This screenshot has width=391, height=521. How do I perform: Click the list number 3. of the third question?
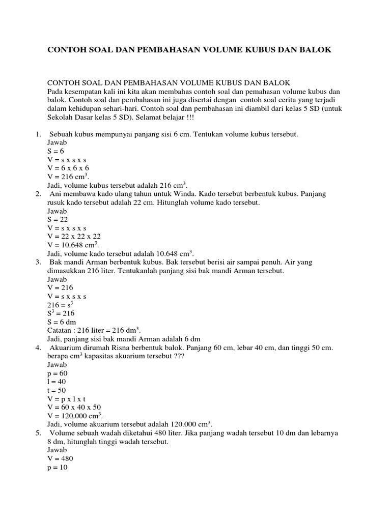pyautogui.click(x=38, y=262)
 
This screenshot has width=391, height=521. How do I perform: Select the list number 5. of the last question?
pyautogui.click(x=38, y=433)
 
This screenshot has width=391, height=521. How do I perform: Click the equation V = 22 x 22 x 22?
pyautogui.click(x=74, y=237)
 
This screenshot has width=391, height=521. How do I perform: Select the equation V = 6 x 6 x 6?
pyautogui.click(x=68, y=168)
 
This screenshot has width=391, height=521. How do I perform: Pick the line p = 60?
pyautogui.click(x=57, y=373)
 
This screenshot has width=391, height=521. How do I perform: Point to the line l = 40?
pyautogui.click(x=57, y=382)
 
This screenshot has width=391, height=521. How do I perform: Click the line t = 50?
pyautogui.click(x=57, y=390)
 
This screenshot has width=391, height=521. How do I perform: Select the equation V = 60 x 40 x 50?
pyautogui.click(x=74, y=407)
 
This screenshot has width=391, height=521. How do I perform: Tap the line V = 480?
pyautogui.click(x=60, y=458)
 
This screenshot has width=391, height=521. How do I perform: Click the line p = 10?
pyautogui.click(x=57, y=467)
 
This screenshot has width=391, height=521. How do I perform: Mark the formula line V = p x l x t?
pyautogui.click(x=67, y=399)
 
